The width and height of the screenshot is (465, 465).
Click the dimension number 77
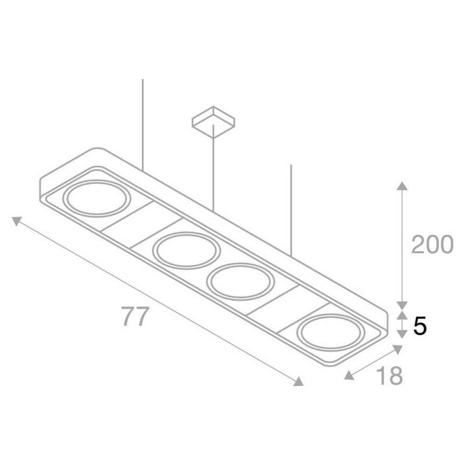(135, 316)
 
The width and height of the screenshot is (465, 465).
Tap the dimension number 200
(432, 244)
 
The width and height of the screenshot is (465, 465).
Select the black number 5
(420, 325)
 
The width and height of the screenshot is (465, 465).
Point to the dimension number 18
(389, 375)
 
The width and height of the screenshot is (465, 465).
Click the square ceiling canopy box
(213, 122)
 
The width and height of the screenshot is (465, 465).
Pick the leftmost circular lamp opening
(96, 198)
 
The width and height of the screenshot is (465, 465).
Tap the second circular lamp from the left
(187, 251)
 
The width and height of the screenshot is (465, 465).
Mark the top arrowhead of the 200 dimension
(402, 185)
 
